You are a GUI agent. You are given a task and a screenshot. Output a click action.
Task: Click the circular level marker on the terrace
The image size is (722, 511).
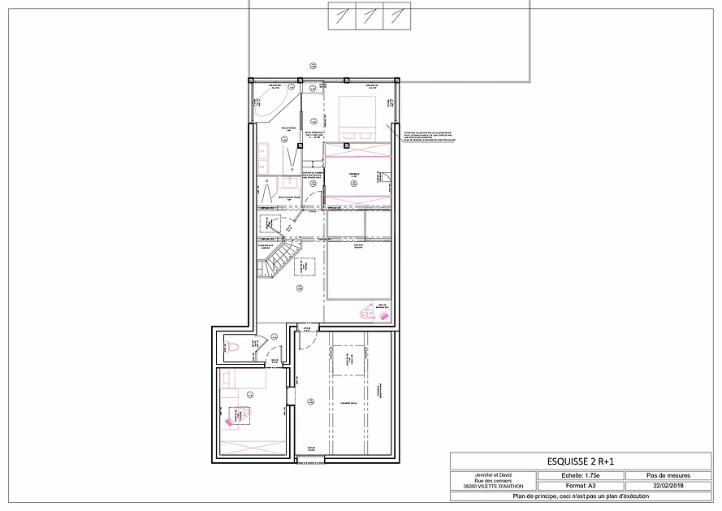point(313,66)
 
